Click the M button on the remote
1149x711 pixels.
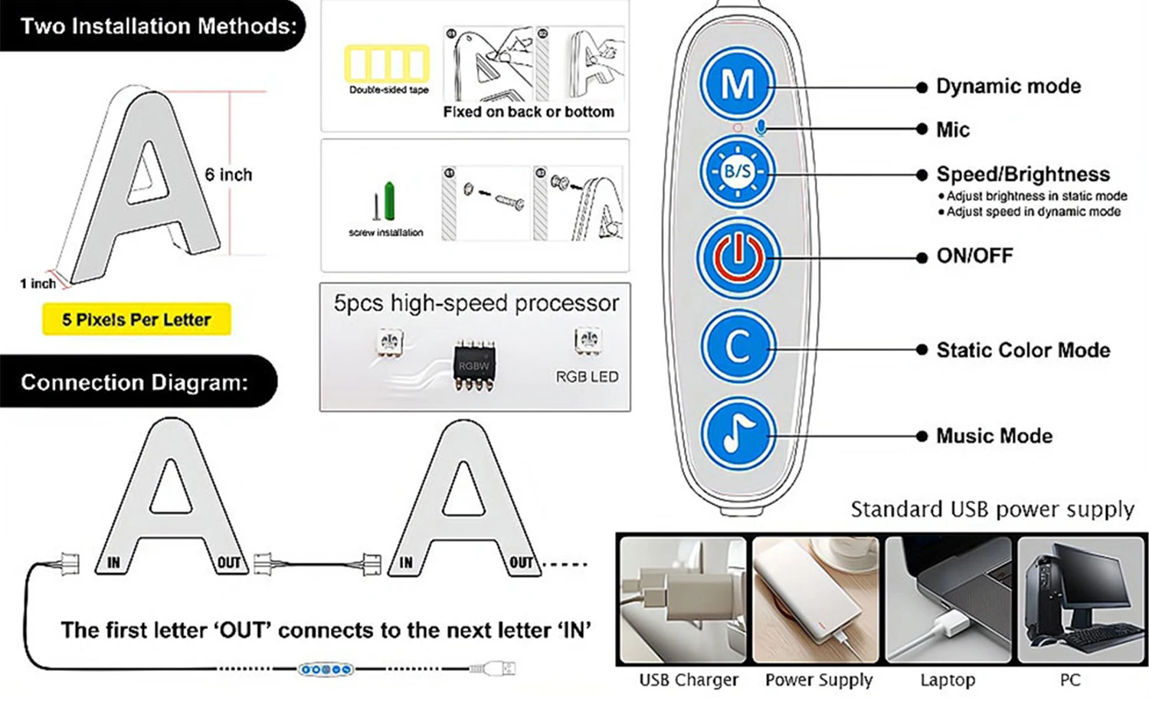point(738,84)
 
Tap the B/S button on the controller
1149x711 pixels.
point(738,172)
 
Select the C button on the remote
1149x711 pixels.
point(738,347)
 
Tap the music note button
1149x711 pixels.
point(738,434)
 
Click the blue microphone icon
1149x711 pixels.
point(761,127)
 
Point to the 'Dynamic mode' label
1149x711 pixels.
point(1009,86)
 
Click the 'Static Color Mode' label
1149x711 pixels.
point(1023,350)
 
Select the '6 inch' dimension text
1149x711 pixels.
point(228,175)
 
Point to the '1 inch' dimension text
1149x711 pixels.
point(38,283)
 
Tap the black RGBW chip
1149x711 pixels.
point(474,365)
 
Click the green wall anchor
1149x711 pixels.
point(389,201)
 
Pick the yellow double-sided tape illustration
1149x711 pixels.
point(387,64)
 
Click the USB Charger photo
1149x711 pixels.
point(683,600)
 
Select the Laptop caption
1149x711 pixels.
point(948,680)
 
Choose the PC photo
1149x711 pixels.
point(1082,600)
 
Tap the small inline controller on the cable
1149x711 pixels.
point(326,670)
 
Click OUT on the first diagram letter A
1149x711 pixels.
point(228,562)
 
